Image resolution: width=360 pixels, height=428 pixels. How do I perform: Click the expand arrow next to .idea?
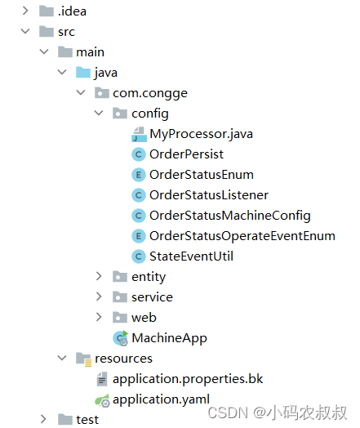[25, 11]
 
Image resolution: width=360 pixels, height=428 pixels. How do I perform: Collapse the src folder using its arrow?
[25, 31]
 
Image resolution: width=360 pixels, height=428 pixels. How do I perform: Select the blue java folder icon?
[83, 73]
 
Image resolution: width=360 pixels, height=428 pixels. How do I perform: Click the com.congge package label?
[150, 93]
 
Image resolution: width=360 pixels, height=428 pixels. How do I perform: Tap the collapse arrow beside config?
[99, 113]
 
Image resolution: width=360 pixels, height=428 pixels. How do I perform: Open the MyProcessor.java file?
[202, 134]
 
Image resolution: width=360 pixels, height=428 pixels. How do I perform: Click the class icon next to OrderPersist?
[139, 154]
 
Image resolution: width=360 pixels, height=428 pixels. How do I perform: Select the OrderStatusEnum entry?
[202, 175]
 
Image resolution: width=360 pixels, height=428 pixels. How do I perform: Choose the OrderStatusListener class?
[209, 195]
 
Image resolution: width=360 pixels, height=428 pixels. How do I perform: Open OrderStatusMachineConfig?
[230, 216]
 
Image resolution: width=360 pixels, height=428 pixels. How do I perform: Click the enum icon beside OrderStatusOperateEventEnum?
[139, 236]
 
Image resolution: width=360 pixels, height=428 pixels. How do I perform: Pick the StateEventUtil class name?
[191, 256]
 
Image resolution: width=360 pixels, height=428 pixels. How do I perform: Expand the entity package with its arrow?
[99, 276]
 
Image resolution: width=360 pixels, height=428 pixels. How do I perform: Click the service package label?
[152, 297]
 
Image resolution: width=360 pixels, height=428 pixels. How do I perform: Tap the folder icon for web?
[120, 317]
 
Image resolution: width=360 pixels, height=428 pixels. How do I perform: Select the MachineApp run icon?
[121, 338]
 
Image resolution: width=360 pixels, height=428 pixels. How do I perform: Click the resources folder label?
[123, 359]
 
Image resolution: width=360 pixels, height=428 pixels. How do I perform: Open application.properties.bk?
[188, 379]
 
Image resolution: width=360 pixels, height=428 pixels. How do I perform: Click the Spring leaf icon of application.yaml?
[102, 400]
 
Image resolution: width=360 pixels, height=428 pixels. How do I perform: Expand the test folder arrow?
[43, 419]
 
